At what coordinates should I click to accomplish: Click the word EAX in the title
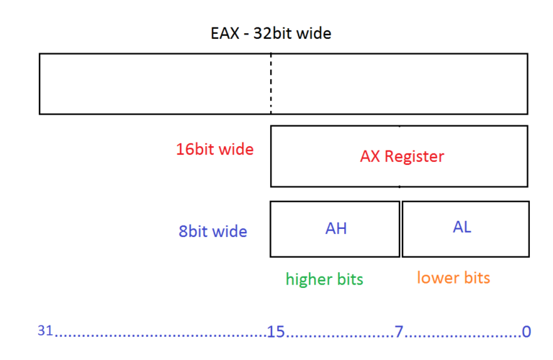coord(221,33)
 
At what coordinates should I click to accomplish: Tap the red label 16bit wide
coord(215,150)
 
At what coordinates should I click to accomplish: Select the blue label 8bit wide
coord(212,232)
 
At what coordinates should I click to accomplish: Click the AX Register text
coord(402,156)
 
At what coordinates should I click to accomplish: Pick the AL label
coord(462,227)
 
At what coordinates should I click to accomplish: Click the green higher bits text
coord(324,279)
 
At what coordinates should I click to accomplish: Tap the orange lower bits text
coord(454,278)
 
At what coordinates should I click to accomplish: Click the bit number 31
coord(45,331)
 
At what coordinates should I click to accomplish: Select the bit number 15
coord(276,332)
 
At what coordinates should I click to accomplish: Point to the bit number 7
coord(398,332)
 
